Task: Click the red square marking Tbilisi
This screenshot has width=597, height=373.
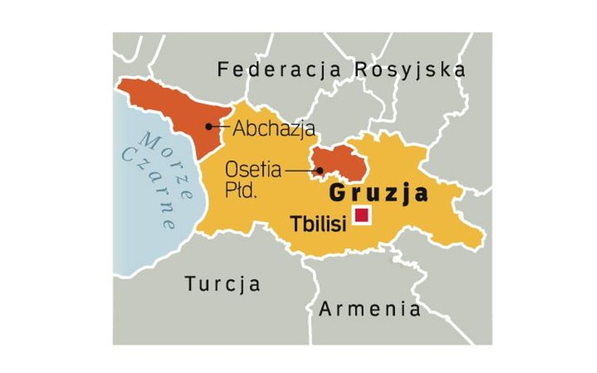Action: click(x=361, y=215)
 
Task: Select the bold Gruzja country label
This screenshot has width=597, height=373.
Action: click(x=378, y=193)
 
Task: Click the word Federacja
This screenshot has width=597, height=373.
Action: click(x=279, y=69)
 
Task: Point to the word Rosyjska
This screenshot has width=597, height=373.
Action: click(x=409, y=69)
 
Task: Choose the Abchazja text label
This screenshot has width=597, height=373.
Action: click(x=274, y=129)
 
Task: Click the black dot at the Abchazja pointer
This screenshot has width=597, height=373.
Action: click(x=209, y=126)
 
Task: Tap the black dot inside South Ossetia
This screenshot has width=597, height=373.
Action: click(x=320, y=170)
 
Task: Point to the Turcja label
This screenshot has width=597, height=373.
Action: click(x=222, y=284)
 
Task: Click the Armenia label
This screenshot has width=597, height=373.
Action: click(x=370, y=309)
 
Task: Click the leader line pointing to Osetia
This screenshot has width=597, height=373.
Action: click(x=301, y=170)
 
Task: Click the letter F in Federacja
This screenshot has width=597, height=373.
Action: click(x=222, y=69)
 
